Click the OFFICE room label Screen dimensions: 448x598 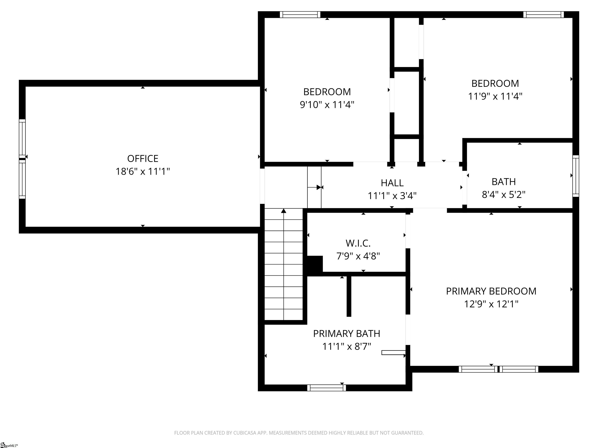click(x=142, y=158)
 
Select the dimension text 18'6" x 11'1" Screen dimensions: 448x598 click(x=142, y=171)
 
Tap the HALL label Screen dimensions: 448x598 click(x=392, y=183)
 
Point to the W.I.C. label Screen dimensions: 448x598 click(x=358, y=243)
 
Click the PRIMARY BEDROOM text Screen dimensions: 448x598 click(x=491, y=291)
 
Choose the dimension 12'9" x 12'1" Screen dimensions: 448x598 click(x=491, y=304)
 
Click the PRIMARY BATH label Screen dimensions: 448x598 click(x=346, y=333)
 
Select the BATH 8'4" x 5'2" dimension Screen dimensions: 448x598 click(x=503, y=194)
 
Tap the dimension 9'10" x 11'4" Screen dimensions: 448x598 click(x=327, y=104)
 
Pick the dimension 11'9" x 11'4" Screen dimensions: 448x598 click(x=495, y=96)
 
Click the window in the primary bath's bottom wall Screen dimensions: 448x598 click(x=327, y=388)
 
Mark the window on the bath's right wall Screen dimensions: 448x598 click(x=576, y=176)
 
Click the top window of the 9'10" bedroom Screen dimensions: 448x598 click(x=300, y=15)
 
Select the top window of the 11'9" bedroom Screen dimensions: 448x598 click(x=543, y=15)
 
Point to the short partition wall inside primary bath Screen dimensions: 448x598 click(x=349, y=296)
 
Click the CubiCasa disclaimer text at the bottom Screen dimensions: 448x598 click(x=299, y=433)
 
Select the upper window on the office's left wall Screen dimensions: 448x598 click(x=22, y=138)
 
